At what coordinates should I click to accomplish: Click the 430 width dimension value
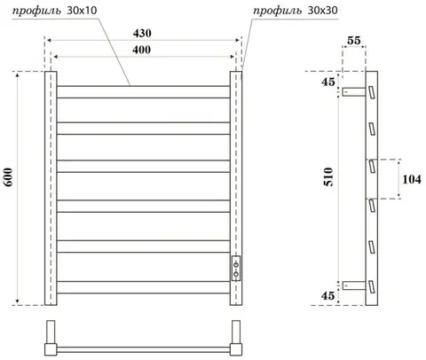(x=142, y=34)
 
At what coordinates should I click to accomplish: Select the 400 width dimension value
(x=141, y=50)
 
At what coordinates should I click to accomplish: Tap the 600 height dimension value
(x=8, y=177)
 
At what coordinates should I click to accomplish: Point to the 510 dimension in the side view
(x=328, y=176)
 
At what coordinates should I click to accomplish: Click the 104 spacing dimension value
(x=412, y=179)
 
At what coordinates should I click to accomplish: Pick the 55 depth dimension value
(x=354, y=40)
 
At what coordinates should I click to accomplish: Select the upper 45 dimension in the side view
(x=328, y=82)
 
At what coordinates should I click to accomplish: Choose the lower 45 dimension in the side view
(x=327, y=295)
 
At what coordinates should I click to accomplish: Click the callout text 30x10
(x=82, y=11)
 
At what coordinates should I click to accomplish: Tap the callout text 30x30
(x=323, y=11)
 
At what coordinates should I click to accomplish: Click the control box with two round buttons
(x=236, y=268)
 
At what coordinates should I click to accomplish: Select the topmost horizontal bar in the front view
(x=143, y=92)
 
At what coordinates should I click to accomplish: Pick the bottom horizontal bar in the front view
(x=143, y=287)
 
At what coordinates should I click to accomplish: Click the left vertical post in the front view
(x=51, y=188)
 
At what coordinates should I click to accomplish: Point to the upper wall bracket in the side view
(x=354, y=91)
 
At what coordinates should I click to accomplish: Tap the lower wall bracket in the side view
(x=354, y=286)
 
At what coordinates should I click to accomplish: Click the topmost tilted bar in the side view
(x=372, y=92)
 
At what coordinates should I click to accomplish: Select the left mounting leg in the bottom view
(x=51, y=338)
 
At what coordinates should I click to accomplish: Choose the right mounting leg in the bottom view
(x=236, y=338)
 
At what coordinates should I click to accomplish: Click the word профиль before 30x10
(x=36, y=11)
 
